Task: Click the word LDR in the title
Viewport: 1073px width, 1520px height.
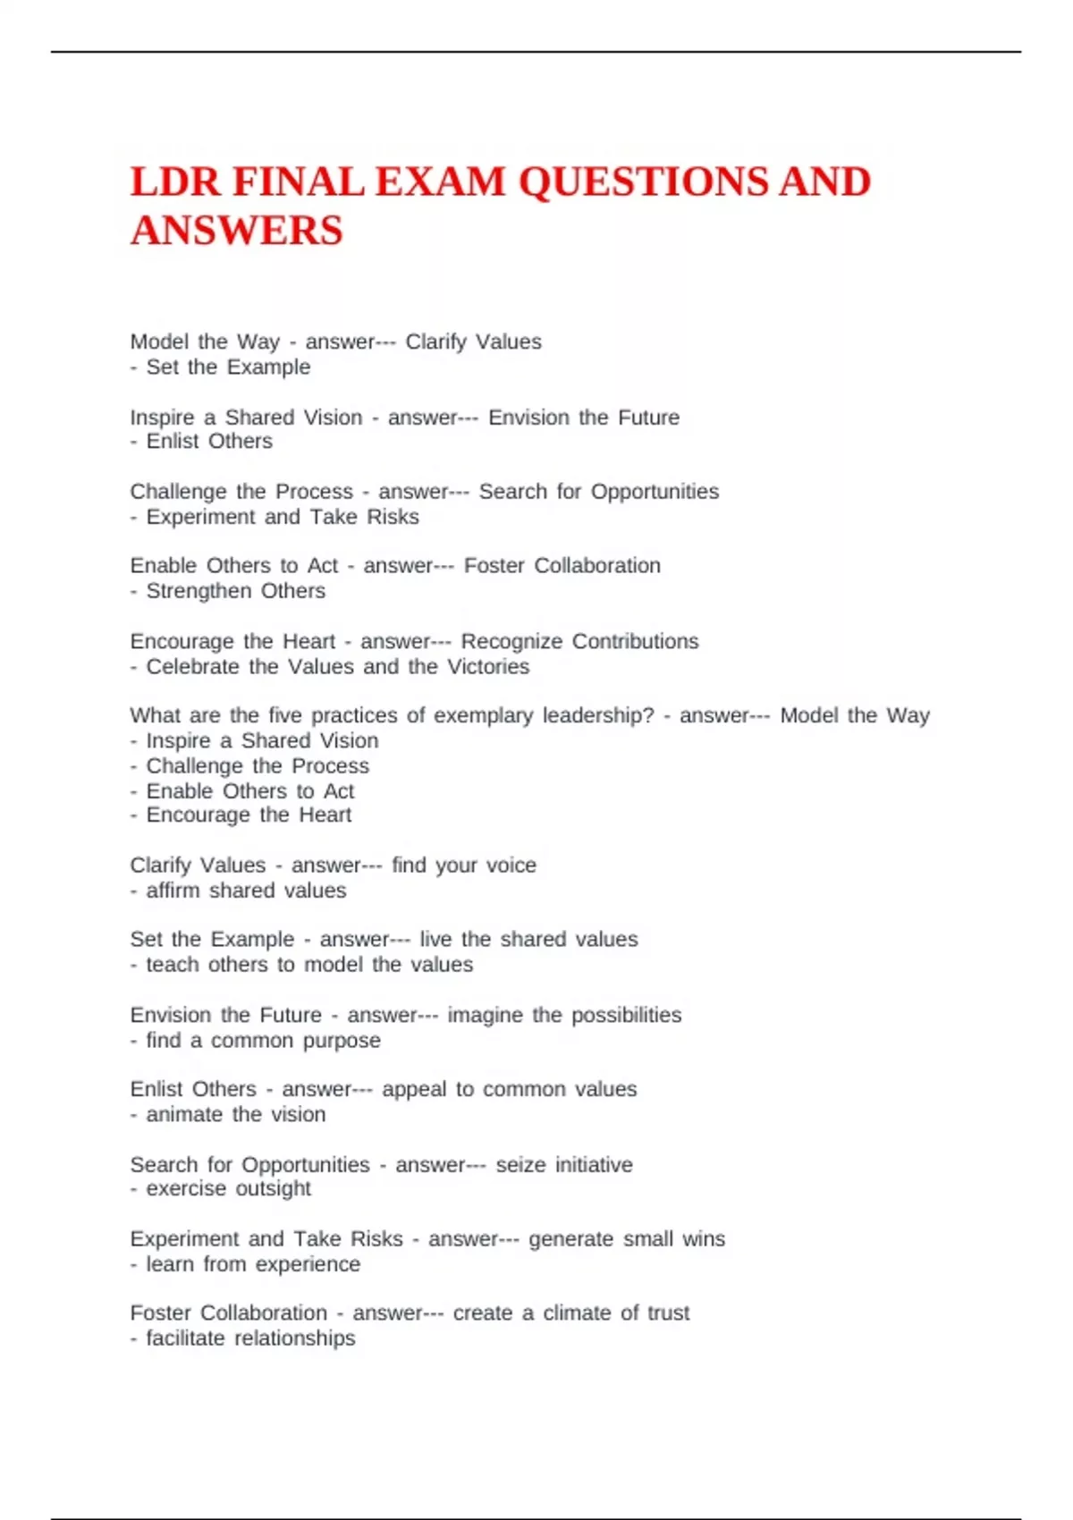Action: click(175, 182)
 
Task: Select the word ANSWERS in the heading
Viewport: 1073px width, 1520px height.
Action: click(237, 231)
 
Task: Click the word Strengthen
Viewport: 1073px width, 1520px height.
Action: click(199, 591)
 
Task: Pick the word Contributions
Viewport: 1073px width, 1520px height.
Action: click(635, 641)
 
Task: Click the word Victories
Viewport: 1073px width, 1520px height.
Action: click(488, 666)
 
